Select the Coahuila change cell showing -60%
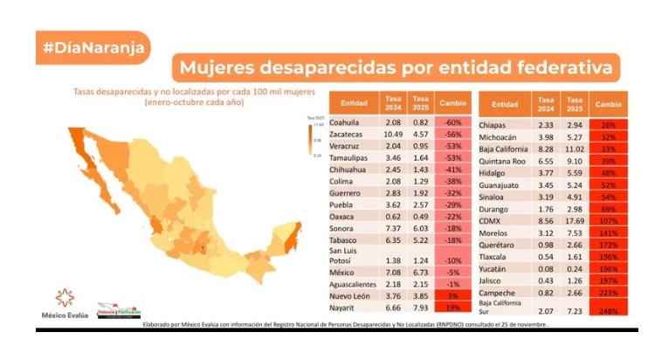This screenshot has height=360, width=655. pos(452,124)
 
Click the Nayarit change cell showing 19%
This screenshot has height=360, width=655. pos(452,307)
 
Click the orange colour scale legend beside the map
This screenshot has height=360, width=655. pos(311,139)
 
